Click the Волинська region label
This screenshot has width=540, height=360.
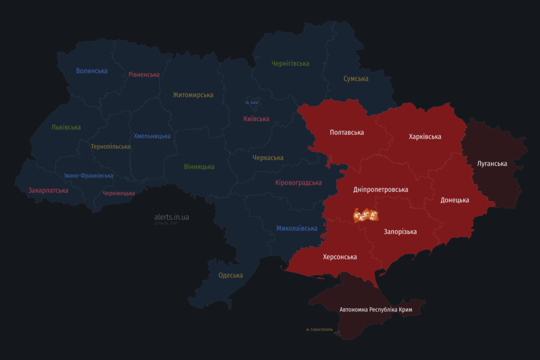pos(92,71)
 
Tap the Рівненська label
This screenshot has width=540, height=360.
pos(144,74)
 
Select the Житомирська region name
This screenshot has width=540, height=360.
pos(193,95)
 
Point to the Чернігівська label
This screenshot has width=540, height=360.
pos(291,63)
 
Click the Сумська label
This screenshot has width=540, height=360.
pos(356,79)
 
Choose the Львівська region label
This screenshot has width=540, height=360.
pos(66,127)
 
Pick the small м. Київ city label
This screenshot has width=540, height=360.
pos(252,102)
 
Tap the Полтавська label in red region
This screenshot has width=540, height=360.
pos(346,132)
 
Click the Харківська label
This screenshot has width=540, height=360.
pos(425,137)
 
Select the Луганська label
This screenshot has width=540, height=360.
pos(492,163)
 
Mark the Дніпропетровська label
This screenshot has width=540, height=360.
pos(381,189)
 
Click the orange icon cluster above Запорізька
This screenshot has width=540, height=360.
pos(366,215)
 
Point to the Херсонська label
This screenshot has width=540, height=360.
pos(340,257)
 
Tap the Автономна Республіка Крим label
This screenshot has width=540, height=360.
pos(376,309)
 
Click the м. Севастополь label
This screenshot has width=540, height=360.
pos(320,329)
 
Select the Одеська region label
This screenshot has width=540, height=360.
pos(230,275)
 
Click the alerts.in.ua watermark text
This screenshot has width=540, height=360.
pos(171,217)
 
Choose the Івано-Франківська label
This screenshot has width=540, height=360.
pos(89,176)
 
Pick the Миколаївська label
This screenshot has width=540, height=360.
pos(297,228)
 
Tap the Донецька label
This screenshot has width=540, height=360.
pos(455,200)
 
